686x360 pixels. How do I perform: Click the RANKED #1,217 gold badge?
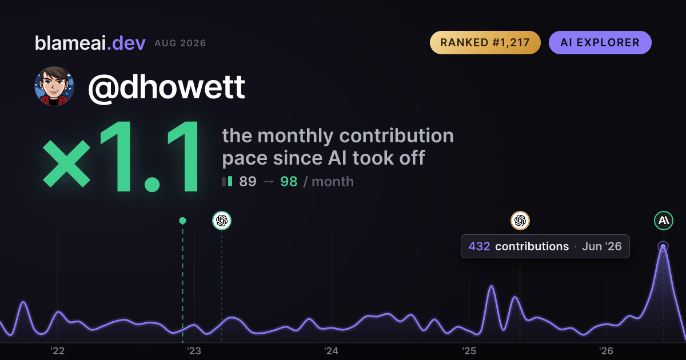coord(485,42)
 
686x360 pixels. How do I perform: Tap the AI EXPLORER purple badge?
coord(600,42)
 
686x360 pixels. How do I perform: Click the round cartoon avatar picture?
coord(54,86)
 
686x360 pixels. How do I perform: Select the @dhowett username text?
coord(166,87)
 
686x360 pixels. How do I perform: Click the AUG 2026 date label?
coord(180,43)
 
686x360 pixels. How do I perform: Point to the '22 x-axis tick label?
coord(57,351)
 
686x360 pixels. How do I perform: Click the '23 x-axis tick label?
coord(194,351)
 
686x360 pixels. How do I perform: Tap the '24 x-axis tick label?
coord(332,351)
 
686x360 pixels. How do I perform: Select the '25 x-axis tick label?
coord(469,351)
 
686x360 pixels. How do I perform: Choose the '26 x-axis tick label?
coord(606,351)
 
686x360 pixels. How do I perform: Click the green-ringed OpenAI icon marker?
coord(222,221)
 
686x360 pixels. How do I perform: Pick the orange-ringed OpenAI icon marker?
coord(520,221)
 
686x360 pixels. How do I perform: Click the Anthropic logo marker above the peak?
coord(664,221)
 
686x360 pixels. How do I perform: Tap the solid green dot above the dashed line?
coord(182,221)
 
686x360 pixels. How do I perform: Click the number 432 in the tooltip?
coord(479,246)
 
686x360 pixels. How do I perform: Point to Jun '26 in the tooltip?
coord(602,246)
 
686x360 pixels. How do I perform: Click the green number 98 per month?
coord(289,182)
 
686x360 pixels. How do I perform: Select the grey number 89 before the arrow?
coord(248,182)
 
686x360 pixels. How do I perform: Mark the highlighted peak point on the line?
coord(663,246)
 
